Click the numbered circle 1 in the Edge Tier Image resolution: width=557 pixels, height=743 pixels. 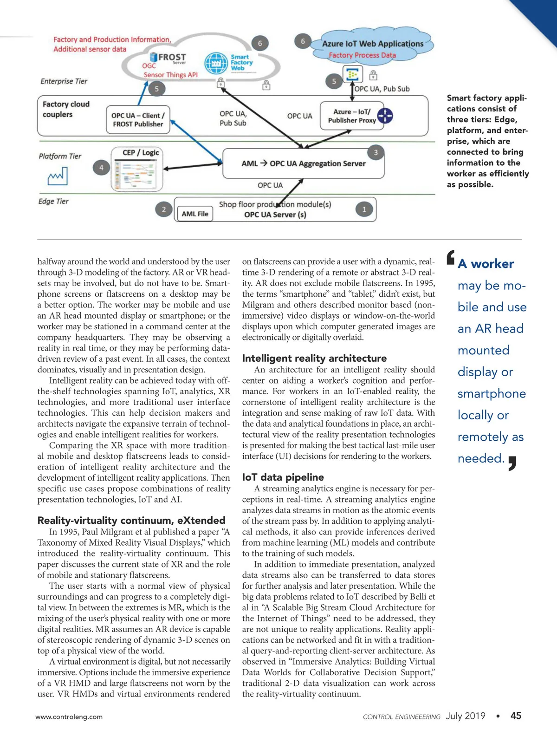364,209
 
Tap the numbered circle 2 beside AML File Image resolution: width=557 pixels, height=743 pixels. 163,209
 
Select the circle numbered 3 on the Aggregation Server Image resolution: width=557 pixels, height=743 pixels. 376,152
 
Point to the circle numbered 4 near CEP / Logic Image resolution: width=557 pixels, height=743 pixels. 101,168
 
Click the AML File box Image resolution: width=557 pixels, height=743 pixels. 195,214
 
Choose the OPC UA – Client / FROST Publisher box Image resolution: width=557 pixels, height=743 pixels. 138,120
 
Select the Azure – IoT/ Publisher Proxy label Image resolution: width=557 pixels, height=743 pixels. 352,116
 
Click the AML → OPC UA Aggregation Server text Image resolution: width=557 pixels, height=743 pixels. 304,163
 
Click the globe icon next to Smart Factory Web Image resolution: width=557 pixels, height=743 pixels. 216,63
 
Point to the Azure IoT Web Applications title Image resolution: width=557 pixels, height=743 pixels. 373,44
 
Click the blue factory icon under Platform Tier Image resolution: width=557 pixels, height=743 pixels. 58,176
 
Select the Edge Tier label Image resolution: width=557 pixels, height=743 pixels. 53,202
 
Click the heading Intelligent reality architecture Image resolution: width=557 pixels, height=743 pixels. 314,358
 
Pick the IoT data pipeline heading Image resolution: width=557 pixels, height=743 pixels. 283,477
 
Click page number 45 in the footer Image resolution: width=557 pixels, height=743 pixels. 516,716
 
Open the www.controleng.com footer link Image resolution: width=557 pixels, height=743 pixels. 69,717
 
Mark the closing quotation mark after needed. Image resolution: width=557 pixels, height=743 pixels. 512,463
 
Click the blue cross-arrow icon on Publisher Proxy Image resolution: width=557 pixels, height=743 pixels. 385,116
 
